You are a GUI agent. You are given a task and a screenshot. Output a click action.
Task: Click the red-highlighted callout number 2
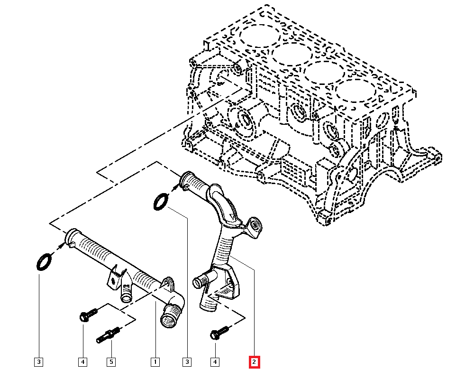[254, 362]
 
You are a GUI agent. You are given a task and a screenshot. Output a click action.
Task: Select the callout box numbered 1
[155, 362]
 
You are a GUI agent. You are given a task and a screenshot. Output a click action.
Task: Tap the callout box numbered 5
[111, 362]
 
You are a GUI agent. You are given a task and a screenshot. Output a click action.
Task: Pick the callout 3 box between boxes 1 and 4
[187, 362]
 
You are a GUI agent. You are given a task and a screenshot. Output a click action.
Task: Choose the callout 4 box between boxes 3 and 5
[83, 362]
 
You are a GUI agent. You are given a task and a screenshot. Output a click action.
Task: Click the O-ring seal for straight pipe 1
[44, 262]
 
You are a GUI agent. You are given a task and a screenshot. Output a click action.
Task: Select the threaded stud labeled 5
[108, 335]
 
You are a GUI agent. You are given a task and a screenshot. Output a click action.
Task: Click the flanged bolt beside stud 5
[88, 315]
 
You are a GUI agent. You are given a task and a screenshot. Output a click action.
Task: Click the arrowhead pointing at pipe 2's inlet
[175, 188]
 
